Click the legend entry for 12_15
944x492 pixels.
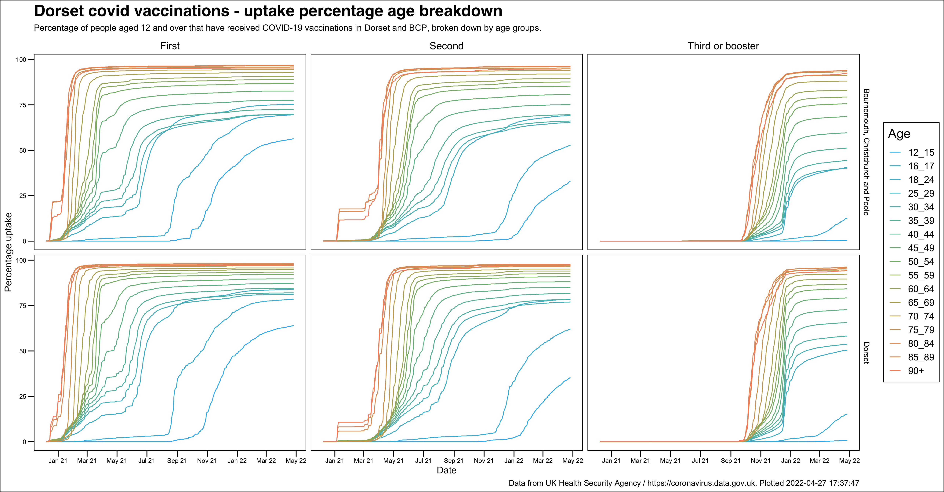(x=920, y=152)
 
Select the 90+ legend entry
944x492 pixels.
(x=915, y=371)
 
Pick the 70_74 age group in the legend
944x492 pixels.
(x=920, y=316)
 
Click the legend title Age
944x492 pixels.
(x=899, y=134)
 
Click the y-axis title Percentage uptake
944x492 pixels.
(x=8, y=252)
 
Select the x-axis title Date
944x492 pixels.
(x=446, y=470)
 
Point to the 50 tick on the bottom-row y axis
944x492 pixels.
(x=23, y=351)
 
